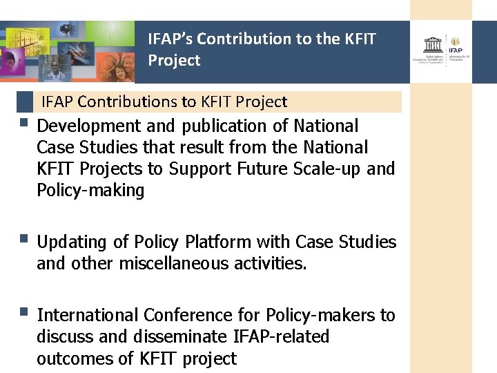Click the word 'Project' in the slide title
tap(174, 61)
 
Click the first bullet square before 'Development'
tap(24, 124)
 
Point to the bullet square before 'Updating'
tap(24, 240)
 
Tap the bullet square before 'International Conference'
tap(24, 313)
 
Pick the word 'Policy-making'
tap(90, 190)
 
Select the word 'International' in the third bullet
tap(88, 316)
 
